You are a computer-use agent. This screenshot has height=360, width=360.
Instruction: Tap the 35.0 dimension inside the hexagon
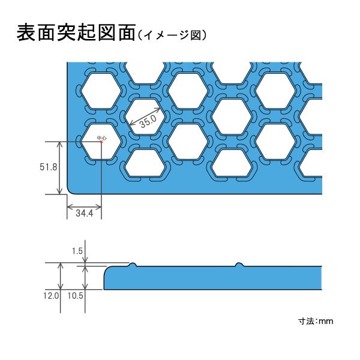[147, 122]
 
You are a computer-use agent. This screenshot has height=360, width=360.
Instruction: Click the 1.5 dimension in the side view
[76, 251]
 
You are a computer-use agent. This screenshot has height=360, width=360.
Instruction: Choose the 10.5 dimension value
[76, 296]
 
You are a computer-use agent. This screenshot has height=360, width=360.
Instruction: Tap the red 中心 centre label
[102, 138]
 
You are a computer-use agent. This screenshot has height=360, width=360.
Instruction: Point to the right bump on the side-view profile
[239, 265]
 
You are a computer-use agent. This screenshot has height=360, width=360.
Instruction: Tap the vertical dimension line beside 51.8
[60, 168]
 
